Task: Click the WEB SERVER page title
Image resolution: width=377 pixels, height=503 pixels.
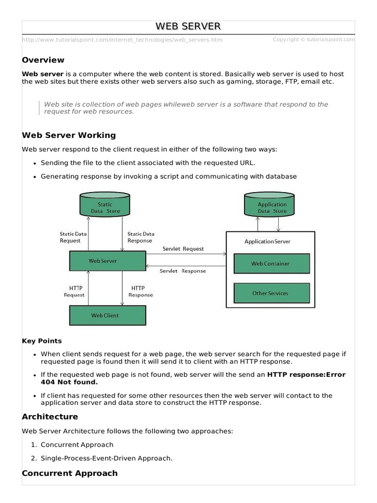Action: point(188,26)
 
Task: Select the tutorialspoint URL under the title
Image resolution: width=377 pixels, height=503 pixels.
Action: point(122,40)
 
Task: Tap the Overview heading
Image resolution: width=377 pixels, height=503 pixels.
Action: point(43,60)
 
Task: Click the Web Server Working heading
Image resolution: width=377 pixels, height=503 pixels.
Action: point(69,135)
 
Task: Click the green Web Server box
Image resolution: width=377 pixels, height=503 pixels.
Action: point(108,261)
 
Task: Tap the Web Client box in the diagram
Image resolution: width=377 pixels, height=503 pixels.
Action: point(108,315)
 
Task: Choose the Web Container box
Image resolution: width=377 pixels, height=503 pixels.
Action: point(271,264)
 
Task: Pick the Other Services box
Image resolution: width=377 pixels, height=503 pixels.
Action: point(271,293)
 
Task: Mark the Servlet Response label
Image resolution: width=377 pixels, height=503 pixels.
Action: point(183,271)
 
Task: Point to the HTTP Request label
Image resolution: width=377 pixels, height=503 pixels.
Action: point(74,291)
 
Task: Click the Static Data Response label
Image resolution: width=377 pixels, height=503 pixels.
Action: point(140,237)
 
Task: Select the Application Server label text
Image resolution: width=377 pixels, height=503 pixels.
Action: point(268,241)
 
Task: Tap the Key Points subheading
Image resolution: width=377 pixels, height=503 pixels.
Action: point(42,341)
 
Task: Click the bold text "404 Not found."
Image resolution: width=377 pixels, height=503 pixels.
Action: point(69,382)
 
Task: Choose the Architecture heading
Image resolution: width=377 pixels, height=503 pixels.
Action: point(50,417)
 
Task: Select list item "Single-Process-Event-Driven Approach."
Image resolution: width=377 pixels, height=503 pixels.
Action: point(107,458)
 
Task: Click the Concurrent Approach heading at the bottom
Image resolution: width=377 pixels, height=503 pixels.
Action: point(70,474)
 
